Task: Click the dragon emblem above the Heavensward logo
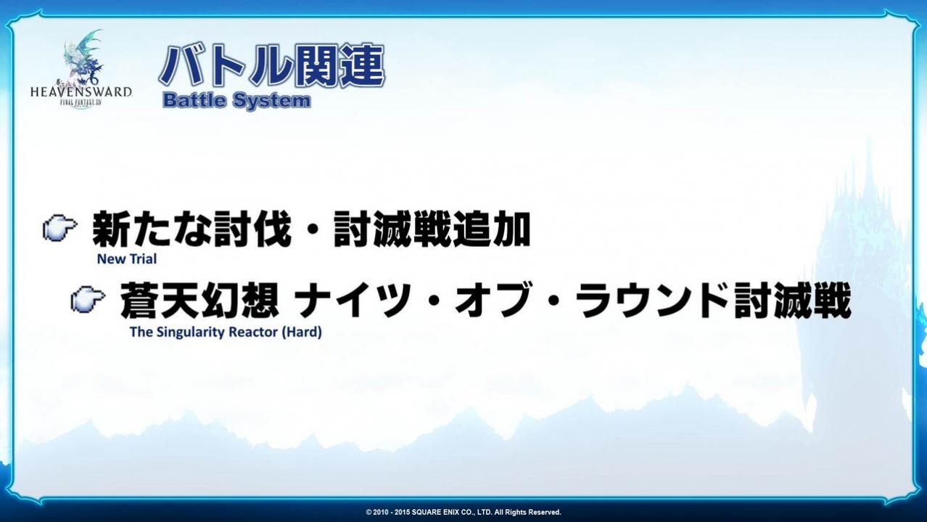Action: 83,57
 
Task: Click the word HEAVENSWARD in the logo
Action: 81,92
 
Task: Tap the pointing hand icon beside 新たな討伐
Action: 60,227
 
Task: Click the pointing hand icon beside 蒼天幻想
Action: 88,300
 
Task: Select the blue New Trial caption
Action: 127,259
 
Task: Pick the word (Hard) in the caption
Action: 302,332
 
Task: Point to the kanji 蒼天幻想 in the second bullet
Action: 199,300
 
